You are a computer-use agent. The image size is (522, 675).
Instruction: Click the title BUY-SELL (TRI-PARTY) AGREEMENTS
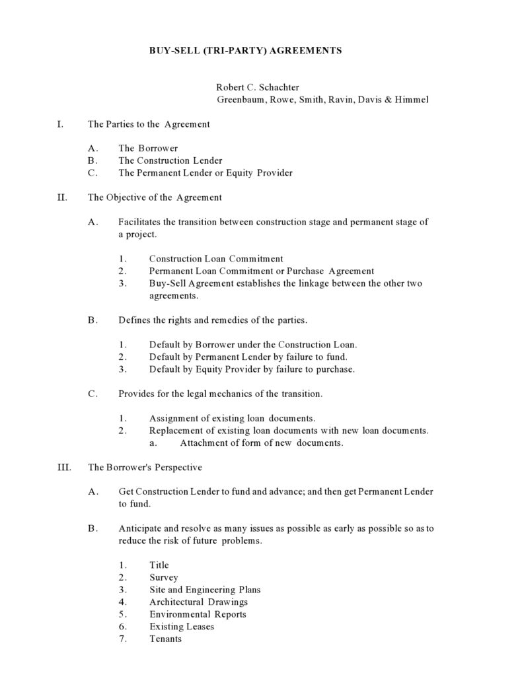click(245, 51)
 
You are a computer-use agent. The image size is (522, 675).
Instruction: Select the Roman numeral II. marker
click(63, 197)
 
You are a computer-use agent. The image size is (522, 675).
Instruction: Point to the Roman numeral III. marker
click(65, 468)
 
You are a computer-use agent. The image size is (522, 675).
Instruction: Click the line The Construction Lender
click(170, 160)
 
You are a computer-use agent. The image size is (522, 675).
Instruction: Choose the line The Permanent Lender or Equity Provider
click(205, 173)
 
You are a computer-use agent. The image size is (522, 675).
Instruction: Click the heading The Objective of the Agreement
click(155, 197)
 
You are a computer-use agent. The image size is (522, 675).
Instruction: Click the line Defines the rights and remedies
click(212, 320)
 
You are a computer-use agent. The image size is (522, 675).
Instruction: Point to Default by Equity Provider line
click(252, 369)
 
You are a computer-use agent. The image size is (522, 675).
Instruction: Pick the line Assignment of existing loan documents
click(232, 418)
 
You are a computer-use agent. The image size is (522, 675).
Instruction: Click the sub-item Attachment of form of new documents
click(261, 443)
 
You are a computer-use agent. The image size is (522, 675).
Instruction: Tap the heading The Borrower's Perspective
click(145, 468)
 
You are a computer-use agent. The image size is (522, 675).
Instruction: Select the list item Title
click(159, 565)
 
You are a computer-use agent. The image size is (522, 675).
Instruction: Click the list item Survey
click(163, 577)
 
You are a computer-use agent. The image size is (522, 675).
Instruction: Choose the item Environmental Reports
click(198, 614)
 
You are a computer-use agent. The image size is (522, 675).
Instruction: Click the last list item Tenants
click(165, 639)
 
